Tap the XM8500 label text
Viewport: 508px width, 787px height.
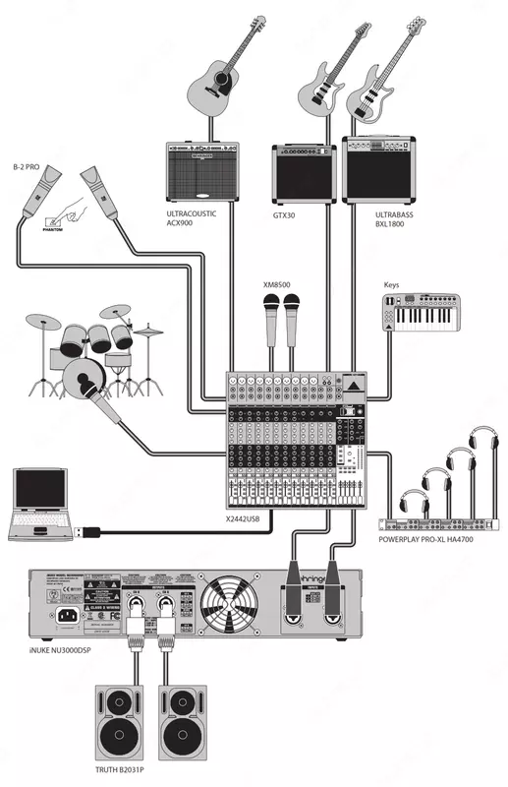coord(278,285)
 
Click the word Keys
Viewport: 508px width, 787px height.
coord(392,285)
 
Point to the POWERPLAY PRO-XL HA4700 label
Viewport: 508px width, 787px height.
coord(431,541)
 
